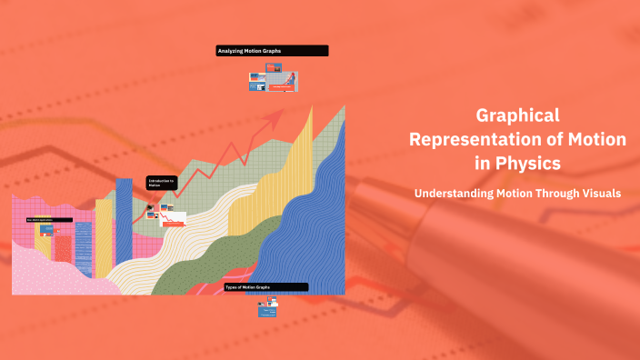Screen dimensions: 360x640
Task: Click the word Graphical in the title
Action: point(517,115)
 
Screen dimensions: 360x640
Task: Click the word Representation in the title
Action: point(481,139)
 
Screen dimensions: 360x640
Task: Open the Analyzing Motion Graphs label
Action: point(272,51)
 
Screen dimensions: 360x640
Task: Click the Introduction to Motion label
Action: point(160,183)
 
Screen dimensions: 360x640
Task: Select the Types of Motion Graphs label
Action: point(265,287)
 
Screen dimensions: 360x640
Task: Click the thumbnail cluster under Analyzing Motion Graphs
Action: point(273,79)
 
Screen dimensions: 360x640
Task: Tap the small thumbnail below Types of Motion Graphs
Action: point(266,311)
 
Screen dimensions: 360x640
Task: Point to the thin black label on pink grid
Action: point(50,220)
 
